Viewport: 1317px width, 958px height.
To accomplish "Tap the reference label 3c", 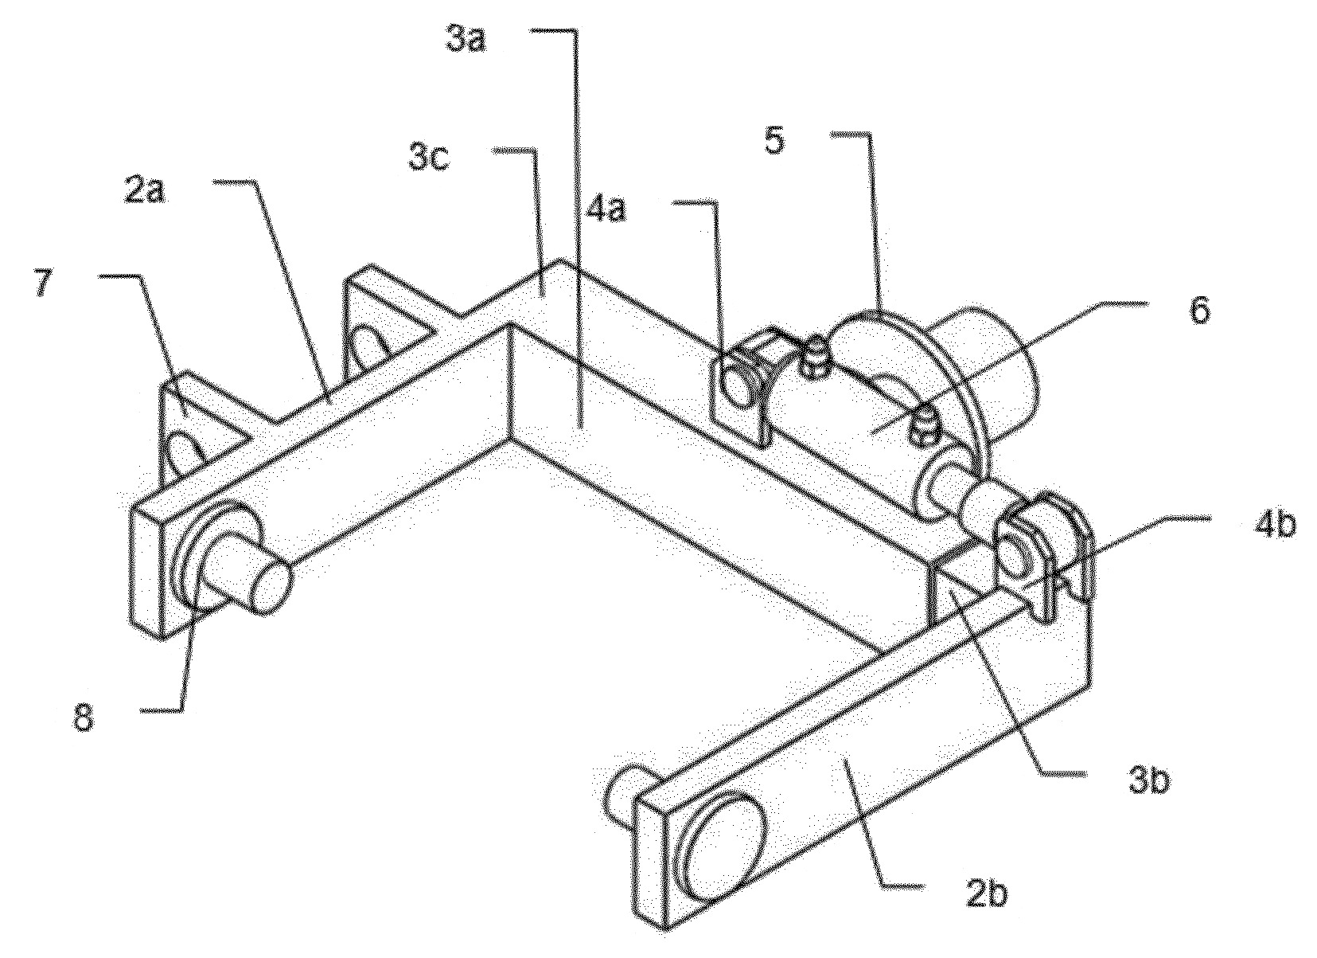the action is pyautogui.click(x=429, y=158).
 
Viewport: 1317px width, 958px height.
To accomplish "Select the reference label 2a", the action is pyautogui.click(x=145, y=192).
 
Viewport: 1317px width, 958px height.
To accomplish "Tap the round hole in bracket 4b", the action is pyautogui.click(x=1016, y=554).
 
